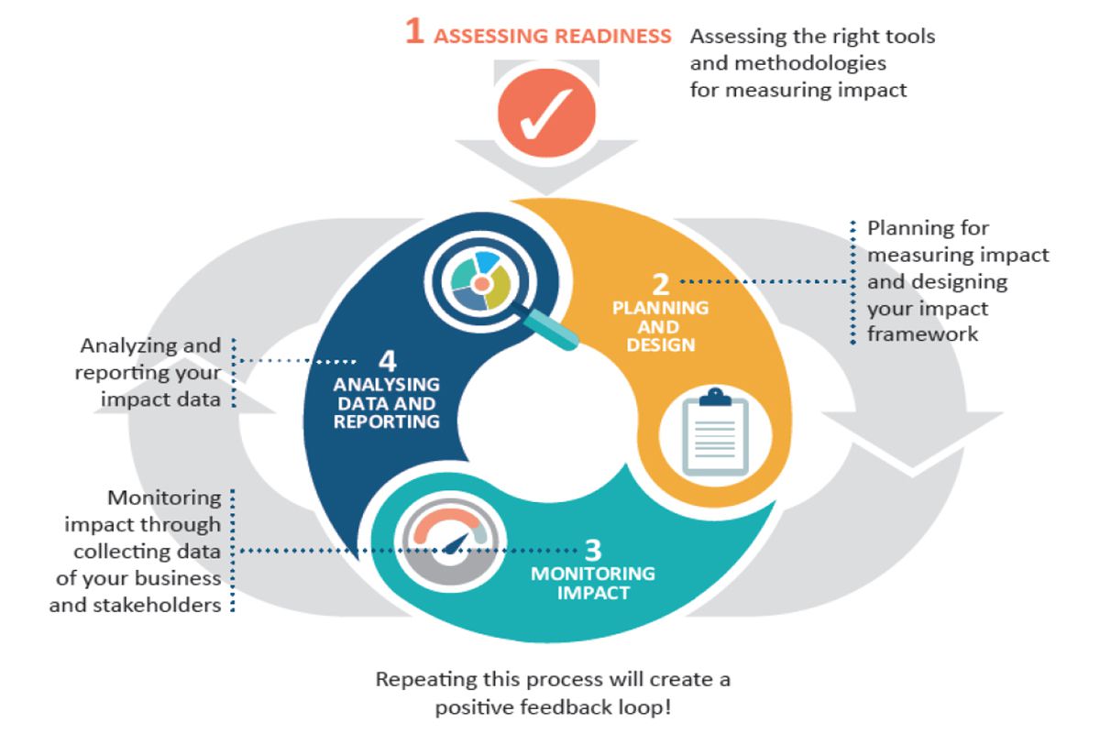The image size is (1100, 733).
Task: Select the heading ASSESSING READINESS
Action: [552, 37]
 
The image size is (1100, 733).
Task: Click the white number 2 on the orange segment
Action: [660, 284]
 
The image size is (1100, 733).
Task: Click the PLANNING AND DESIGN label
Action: [660, 326]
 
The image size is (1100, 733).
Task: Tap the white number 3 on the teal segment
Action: [593, 550]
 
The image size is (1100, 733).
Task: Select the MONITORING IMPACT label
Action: [593, 583]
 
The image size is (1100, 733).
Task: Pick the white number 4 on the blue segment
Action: [386, 359]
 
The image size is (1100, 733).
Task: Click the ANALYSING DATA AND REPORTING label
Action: [386, 403]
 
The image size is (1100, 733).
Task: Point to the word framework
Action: [923, 334]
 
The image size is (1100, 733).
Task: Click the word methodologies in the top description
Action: [788, 63]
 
